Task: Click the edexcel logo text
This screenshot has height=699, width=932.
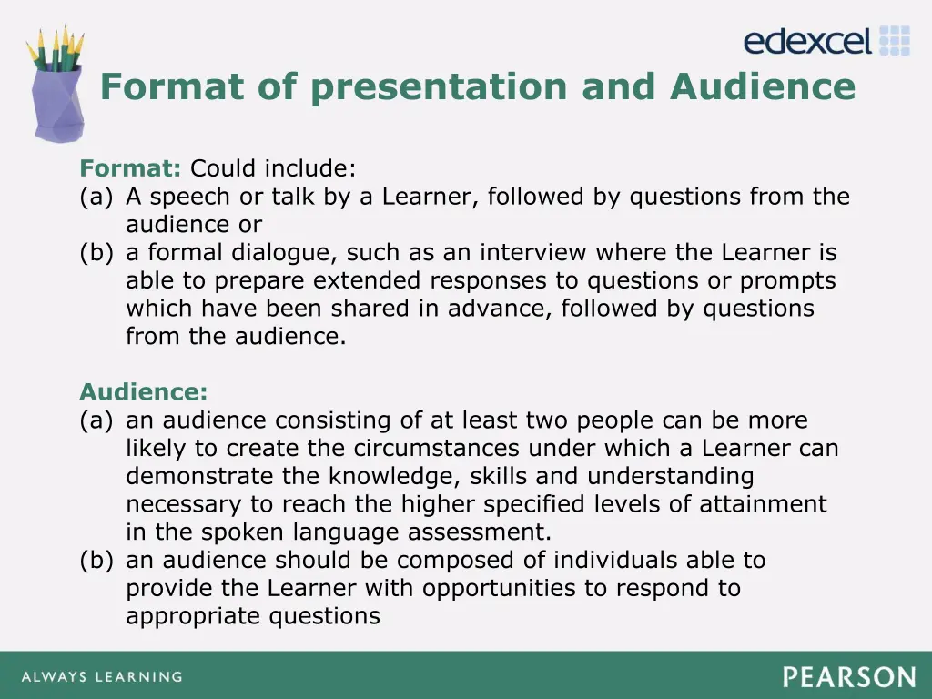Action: [x=807, y=42]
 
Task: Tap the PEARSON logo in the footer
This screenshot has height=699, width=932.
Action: [x=848, y=677]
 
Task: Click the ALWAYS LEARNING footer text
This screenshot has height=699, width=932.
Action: [x=101, y=677]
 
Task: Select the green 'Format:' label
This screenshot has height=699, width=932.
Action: [x=131, y=168]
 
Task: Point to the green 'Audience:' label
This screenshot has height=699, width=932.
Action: [x=143, y=392]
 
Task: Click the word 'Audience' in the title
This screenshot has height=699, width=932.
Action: [x=763, y=87]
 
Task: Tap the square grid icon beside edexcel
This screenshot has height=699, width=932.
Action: [x=896, y=41]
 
